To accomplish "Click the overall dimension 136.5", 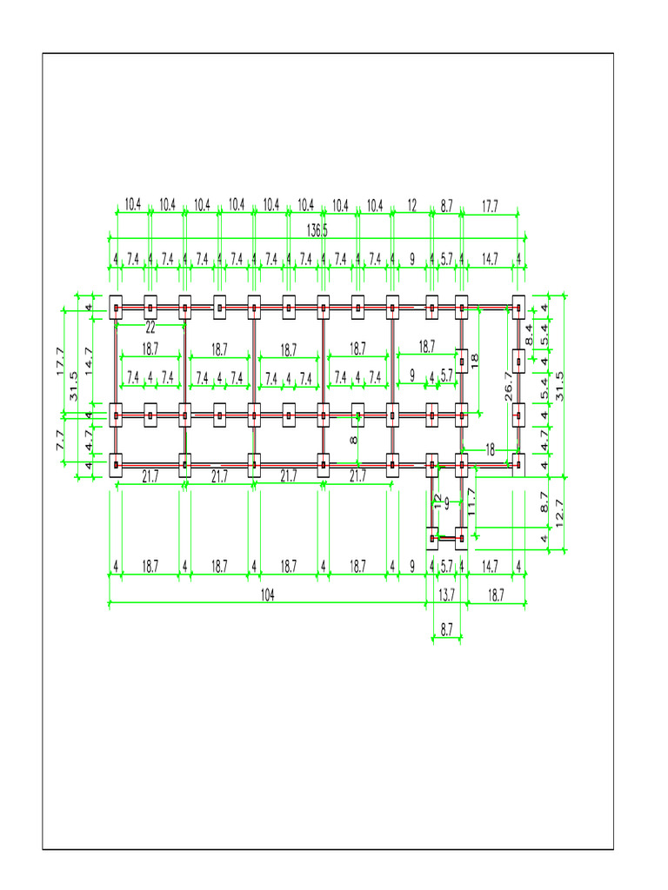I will click(x=317, y=230).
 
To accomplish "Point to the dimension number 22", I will click(x=150, y=328).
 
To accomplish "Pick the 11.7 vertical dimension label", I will click(x=471, y=502).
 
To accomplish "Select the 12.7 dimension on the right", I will click(x=559, y=513).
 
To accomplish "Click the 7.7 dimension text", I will click(x=61, y=440).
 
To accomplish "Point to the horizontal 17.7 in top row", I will click(x=490, y=206).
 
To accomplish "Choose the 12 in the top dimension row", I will click(x=412, y=206).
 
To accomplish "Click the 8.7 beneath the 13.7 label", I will click(x=446, y=630).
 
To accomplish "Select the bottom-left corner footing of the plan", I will click(x=116, y=465).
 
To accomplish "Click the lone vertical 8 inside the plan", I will click(x=354, y=441).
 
